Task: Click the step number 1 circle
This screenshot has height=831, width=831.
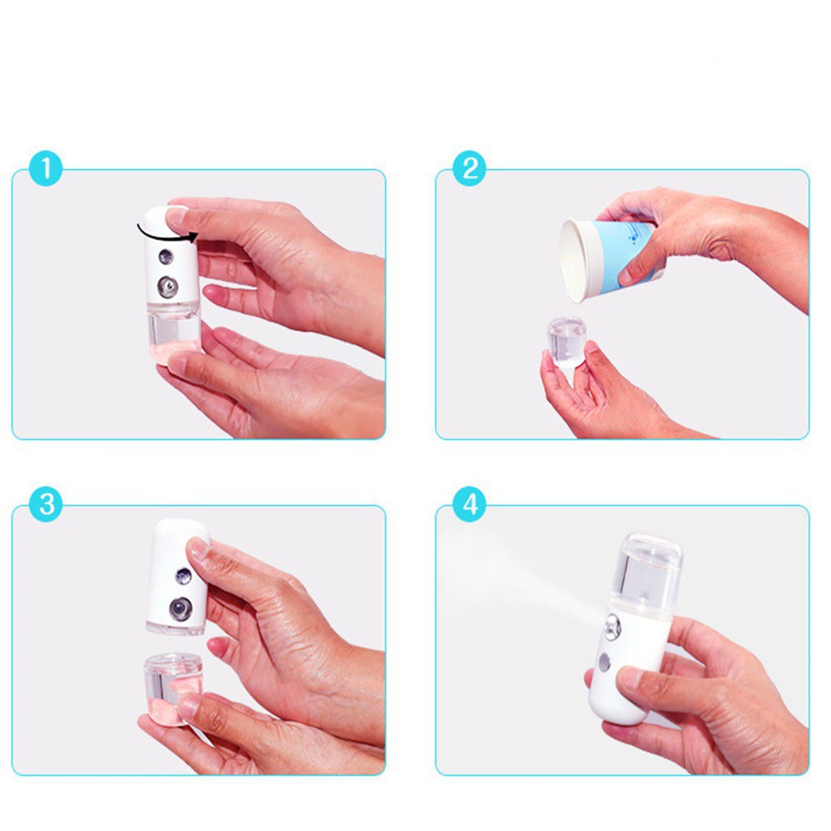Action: (46, 169)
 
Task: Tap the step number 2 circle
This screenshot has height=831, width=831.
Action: (470, 169)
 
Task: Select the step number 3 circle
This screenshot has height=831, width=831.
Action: (46, 504)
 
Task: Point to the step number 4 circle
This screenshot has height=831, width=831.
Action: (470, 504)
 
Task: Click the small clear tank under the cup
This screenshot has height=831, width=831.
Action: (567, 341)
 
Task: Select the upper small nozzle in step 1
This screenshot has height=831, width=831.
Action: (165, 257)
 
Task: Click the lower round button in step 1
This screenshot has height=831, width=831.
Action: (168, 288)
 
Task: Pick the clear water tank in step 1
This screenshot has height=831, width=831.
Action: (174, 332)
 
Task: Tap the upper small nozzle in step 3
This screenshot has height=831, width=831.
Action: (184, 576)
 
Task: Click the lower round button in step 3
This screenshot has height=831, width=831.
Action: (180, 609)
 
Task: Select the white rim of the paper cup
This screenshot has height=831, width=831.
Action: (573, 261)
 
